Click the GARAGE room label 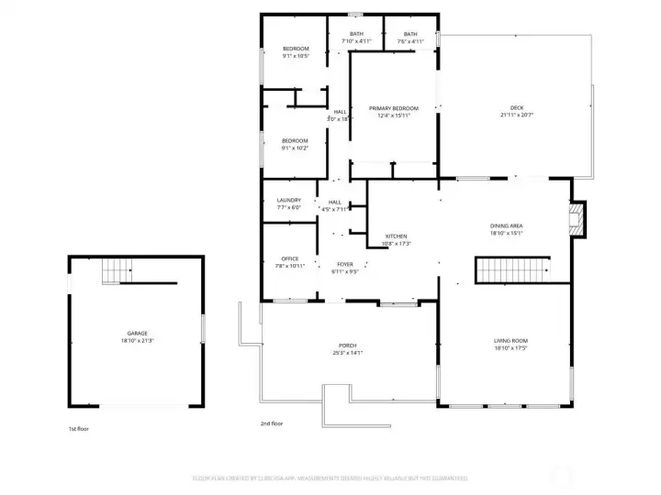[137, 333]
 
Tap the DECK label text [517, 108]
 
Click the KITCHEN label [396, 236]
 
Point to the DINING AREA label [506, 225]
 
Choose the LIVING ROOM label [510, 341]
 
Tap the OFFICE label [289, 258]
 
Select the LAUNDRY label [289, 200]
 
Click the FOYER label [344, 264]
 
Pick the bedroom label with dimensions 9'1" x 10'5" [296, 49]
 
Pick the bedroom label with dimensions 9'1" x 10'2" [295, 140]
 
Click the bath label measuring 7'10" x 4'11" [356, 34]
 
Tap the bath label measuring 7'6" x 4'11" [410, 34]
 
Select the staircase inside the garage [117, 271]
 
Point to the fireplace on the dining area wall [577, 218]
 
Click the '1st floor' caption [79, 429]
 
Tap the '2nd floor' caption [272, 423]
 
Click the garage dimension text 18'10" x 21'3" [137, 340]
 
